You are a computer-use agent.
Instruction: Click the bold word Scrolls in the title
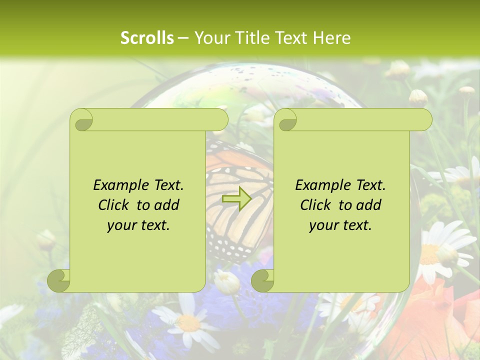point(147,38)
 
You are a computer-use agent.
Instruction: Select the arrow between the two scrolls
point(236,198)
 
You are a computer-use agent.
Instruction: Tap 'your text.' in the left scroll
point(138,225)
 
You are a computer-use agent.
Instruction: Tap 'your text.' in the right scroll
point(340,225)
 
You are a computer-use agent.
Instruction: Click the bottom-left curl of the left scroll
point(59,280)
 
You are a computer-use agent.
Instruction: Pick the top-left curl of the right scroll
point(286,120)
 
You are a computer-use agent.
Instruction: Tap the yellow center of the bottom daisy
point(188,323)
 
